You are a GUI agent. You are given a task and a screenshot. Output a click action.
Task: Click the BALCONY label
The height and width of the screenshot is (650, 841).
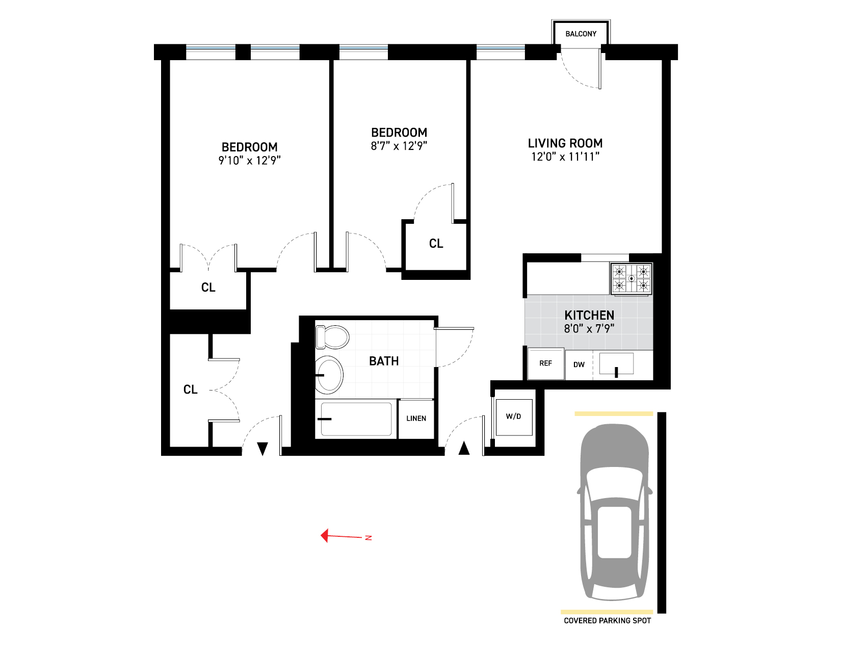pos(581,34)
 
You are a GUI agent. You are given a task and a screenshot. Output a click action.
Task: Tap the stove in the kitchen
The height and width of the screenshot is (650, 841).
pos(631,278)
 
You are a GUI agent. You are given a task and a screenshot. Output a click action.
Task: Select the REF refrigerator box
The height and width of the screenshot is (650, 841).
pos(545,363)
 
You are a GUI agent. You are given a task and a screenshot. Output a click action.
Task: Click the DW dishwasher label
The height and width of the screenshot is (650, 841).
pos(579,365)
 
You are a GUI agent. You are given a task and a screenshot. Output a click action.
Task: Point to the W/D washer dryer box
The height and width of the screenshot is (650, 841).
pos(514,417)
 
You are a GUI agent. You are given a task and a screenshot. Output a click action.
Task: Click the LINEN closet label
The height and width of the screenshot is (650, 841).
pos(416,419)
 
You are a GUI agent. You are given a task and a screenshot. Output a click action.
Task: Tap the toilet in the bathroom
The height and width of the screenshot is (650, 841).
pos(332,337)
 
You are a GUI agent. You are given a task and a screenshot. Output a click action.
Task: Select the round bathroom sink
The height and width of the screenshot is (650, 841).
pos(329,375)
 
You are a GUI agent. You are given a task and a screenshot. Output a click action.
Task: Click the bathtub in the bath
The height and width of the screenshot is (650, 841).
pos(356,419)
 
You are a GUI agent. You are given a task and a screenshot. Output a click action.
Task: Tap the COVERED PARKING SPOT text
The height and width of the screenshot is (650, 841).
pos(607,620)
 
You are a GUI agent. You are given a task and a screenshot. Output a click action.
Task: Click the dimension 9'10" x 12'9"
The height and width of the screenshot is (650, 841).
pos(249,161)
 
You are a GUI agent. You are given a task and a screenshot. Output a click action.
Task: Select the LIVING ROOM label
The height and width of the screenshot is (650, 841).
pos(565,143)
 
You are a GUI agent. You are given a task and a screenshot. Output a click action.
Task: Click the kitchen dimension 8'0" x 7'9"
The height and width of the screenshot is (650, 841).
pos(589,329)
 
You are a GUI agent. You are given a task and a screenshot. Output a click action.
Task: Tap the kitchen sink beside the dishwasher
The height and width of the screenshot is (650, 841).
pos(616,364)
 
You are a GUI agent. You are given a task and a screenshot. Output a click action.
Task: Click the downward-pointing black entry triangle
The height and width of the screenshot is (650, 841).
pos(262,449)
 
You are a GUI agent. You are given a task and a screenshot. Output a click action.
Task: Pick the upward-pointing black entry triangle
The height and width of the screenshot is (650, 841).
pos(464,448)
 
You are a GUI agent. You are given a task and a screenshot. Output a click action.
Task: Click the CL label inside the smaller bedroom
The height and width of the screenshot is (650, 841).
pos(436,244)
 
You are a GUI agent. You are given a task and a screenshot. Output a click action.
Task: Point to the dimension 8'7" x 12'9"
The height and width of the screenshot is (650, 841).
pos(399,146)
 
